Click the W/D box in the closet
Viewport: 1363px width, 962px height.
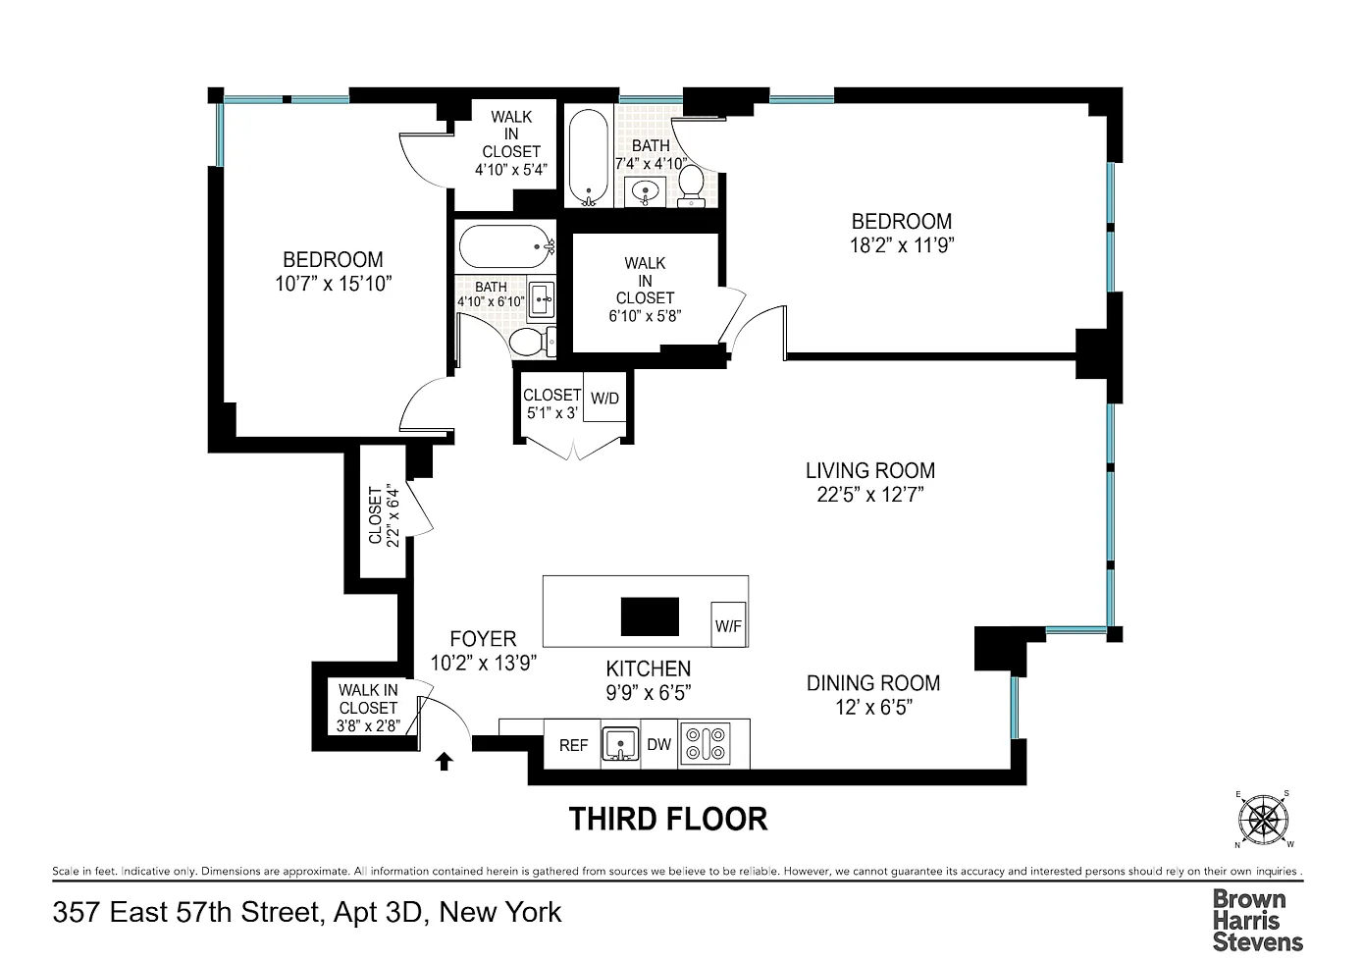[604, 397]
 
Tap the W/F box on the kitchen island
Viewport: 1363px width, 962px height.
[728, 624]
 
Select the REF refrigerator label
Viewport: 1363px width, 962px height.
[573, 745]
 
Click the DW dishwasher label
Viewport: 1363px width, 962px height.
[659, 744]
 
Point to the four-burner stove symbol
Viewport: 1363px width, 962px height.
[705, 743]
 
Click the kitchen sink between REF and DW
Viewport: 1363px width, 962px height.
[620, 743]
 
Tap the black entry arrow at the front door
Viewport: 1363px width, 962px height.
[445, 762]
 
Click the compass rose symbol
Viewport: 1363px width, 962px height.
[1263, 820]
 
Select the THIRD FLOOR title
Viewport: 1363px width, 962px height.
[668, 819]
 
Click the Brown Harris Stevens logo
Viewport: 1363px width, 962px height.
[1257, 920]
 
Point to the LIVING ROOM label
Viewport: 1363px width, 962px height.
[870, 470]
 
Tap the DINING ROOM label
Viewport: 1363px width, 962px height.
[873, 683]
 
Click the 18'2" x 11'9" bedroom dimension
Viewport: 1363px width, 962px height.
[902, 245]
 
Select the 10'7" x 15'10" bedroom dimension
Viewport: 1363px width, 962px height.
[334, 284]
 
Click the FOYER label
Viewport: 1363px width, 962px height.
[483, 639]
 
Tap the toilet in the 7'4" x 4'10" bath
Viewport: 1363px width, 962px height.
[691, 185]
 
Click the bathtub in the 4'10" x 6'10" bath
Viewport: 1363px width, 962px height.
[507, 246]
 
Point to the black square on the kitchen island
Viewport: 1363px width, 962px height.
[650, 616]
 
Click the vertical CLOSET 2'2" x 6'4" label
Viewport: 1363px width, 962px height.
[384, 515]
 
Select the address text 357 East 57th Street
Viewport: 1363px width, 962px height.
[185, 912]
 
